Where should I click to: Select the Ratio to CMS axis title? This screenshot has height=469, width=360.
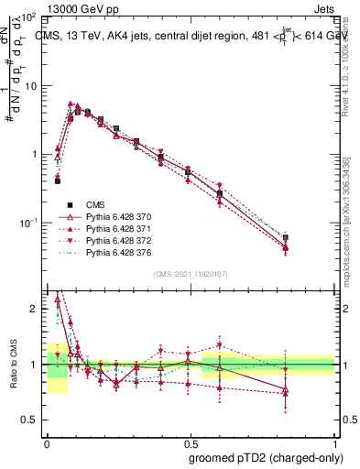12,365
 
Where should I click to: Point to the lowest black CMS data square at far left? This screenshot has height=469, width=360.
57,181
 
